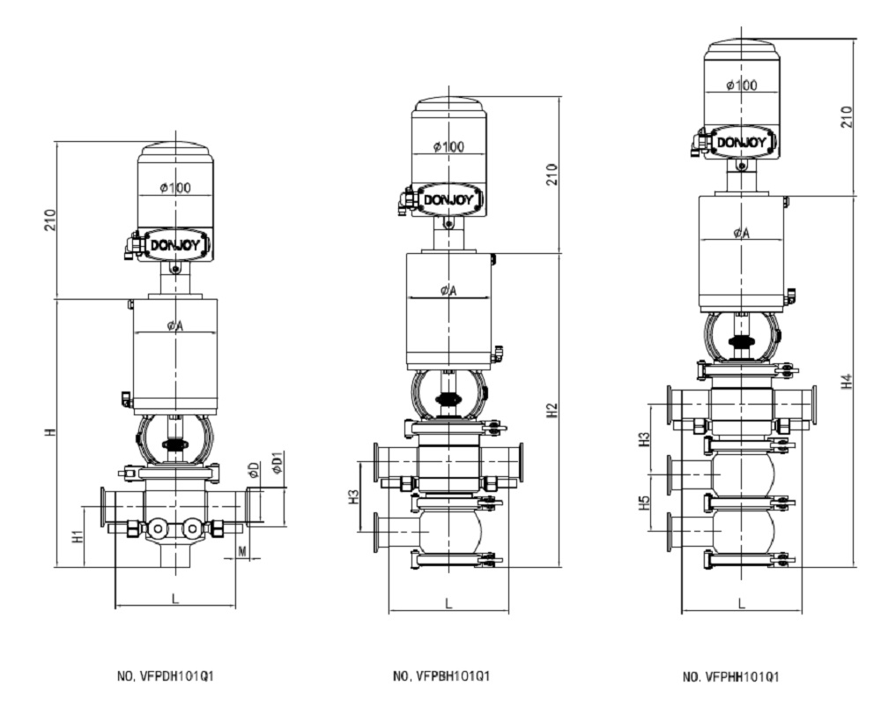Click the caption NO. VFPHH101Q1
coord(731,676)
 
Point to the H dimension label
coord(51,432)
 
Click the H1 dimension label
coord(78,534)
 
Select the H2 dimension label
coord(552,410)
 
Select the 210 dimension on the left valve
coord(49,219)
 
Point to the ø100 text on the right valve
coord(742,85)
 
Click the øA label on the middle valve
coord(448,291)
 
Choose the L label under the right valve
coord(742,604)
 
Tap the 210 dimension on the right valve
coord(847,116)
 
